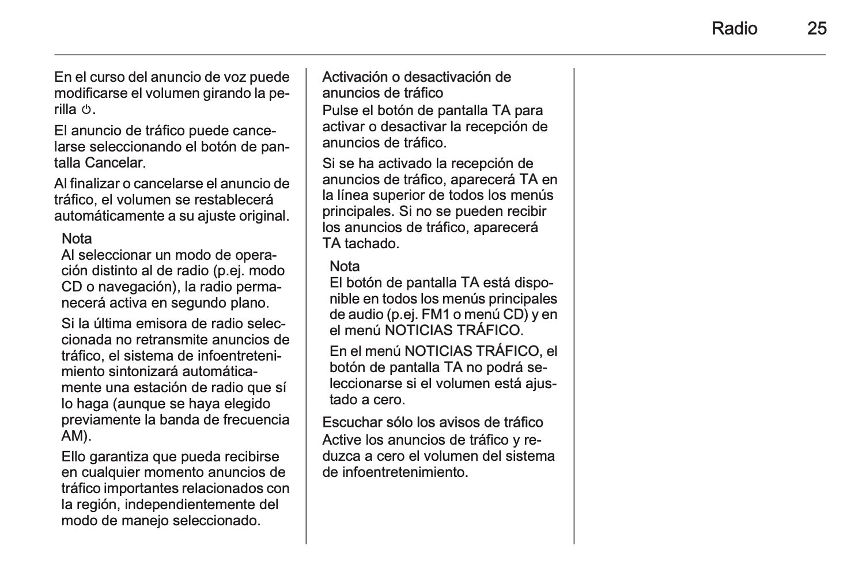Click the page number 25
[816, 28]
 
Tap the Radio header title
[734, 28]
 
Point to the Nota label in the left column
[77, 238]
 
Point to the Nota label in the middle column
[345, 266]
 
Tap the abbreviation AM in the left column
[73, 435]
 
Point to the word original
[261, 216]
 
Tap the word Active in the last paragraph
[342, 440]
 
